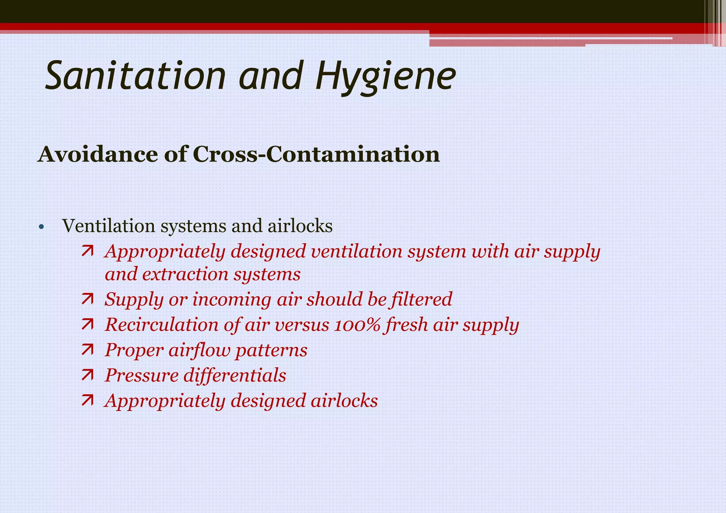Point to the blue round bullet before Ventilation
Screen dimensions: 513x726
(x=41, y=227)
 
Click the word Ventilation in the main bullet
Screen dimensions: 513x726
(x=108, y=226)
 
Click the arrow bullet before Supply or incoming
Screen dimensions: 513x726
(x=87, y=299)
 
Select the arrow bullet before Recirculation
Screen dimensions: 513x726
(x=87, y=325)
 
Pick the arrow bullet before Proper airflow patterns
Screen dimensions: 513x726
(x=87, y=350)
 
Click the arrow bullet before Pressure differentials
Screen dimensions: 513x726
(x=87, y=375)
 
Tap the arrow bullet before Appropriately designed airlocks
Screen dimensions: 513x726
(x=87, y=401)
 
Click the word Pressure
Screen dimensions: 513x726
(x=142, y=376)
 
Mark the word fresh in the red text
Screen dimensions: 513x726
(x=406, y=325)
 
